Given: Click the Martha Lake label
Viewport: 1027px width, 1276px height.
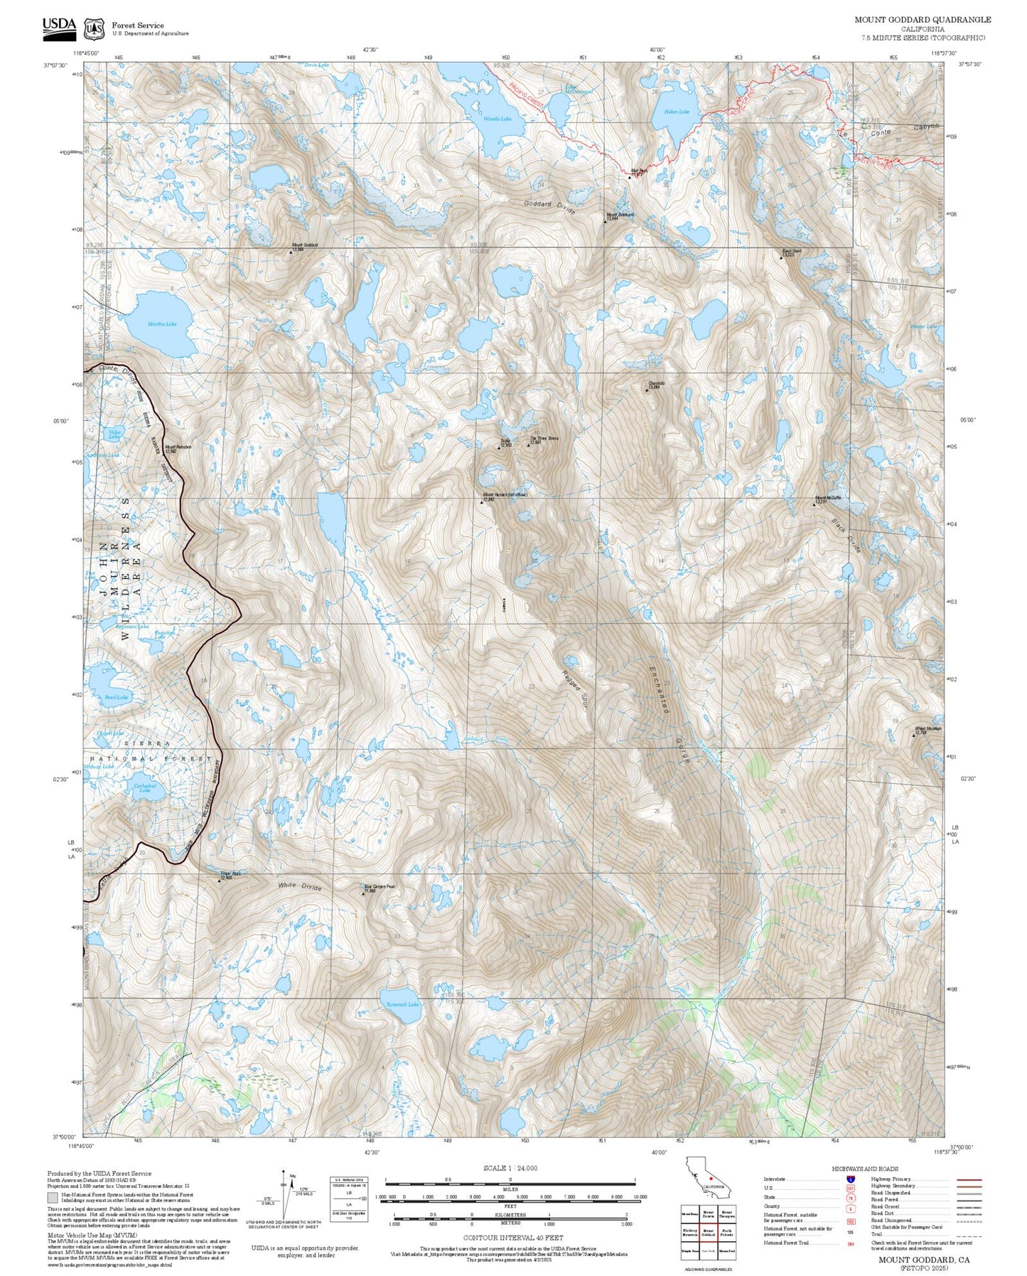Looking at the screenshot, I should [x=161, y=324].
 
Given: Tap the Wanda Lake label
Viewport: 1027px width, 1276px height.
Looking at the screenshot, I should [x=498, y=119].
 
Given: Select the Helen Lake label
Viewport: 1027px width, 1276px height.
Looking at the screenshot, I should [x=677, y=112].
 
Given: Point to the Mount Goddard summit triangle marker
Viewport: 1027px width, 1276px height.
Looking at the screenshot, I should [x=291, y=252].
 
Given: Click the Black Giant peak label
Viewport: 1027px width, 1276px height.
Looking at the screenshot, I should [x=792, y=251].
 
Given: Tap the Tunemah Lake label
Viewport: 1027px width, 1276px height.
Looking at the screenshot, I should [x=402, y=1004].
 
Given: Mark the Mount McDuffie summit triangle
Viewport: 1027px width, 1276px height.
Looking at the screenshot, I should [x=814, y=504].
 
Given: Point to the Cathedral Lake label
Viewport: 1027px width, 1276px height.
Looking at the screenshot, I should [x=145, y=787].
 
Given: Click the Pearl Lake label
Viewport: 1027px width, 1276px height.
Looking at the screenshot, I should [x=116, y=698].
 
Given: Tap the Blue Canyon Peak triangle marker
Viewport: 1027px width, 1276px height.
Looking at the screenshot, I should [x=362, y=892].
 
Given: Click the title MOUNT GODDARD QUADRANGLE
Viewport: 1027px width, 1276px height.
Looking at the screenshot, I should [x=923, y=20].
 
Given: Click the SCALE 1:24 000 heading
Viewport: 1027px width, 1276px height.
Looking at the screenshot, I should [x=510, y=1168].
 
